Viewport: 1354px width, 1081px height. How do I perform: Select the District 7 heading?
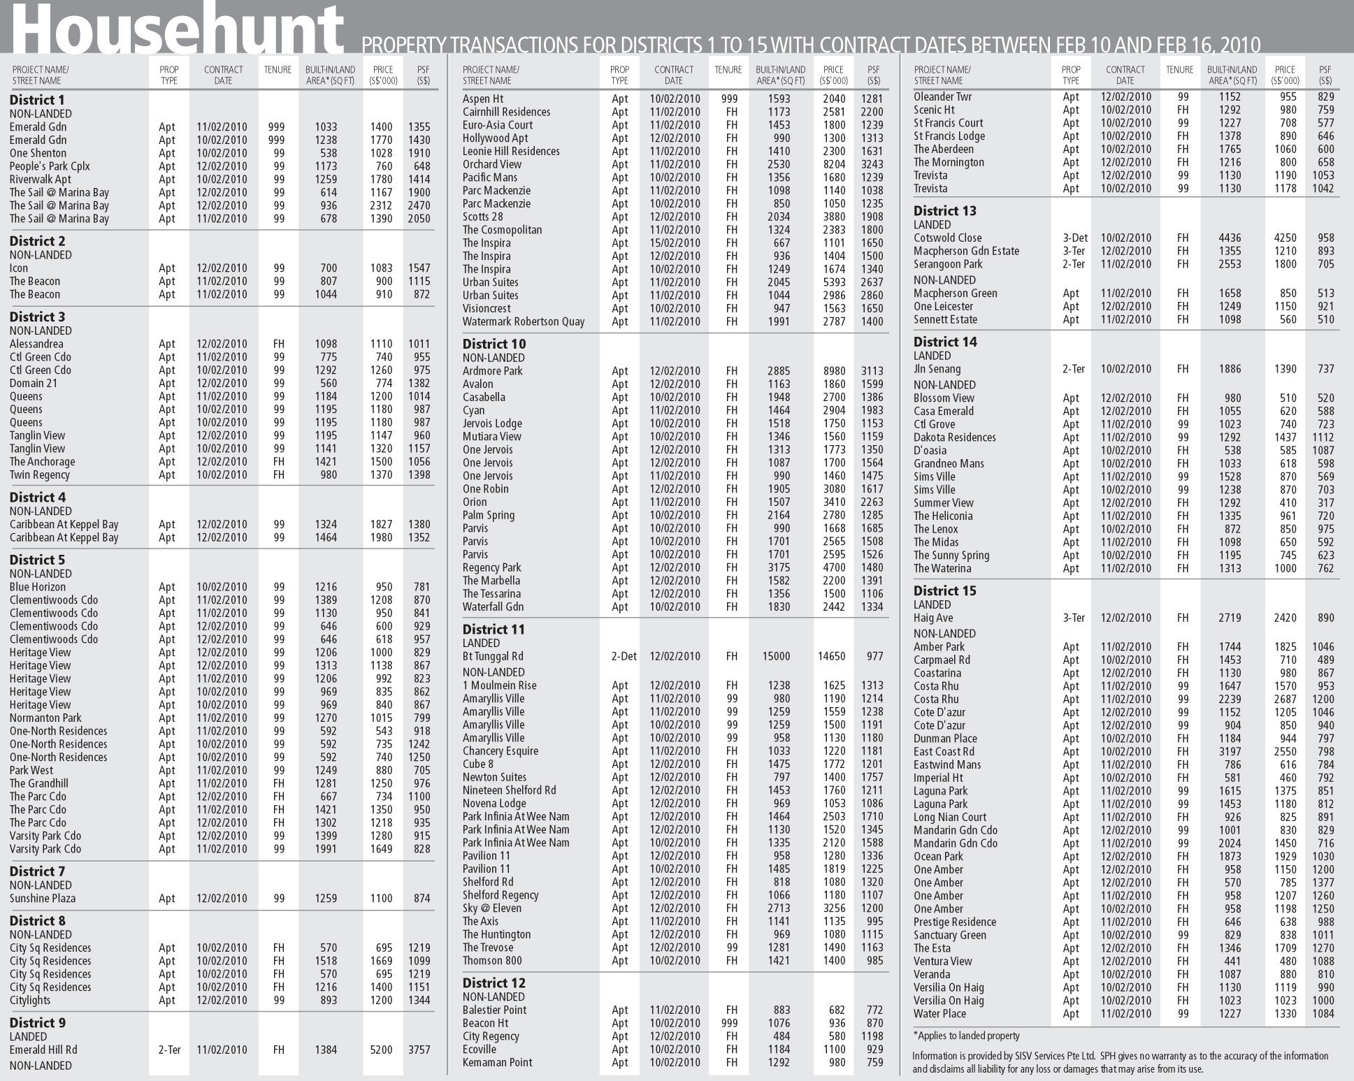coord(37,871)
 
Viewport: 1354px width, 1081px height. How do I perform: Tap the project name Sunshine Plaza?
coord(43,899)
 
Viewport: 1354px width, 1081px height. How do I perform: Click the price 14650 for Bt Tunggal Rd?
coord(831,656)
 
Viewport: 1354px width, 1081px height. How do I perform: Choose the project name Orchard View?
coord(491,164)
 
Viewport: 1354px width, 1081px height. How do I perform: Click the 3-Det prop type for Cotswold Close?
coord(1074,238)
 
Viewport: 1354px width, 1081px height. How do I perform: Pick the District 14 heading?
coord(945,342)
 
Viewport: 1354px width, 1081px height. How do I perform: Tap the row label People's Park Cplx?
coord(50,166)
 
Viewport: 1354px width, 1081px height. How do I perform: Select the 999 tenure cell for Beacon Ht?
coord(731,1023)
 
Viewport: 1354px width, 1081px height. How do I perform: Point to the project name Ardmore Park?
coord(492,371)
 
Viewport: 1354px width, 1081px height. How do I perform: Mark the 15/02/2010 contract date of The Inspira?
coord(675,243)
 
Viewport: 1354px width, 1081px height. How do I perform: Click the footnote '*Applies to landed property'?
coord(966,1036)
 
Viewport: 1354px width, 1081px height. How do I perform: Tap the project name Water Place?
coord(939,1014)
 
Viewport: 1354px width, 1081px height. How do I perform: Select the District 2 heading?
coord(37,241)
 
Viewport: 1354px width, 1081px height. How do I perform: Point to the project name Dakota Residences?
coord(954,437)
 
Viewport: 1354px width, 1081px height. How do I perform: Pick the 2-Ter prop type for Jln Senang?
coord(1074,369)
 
